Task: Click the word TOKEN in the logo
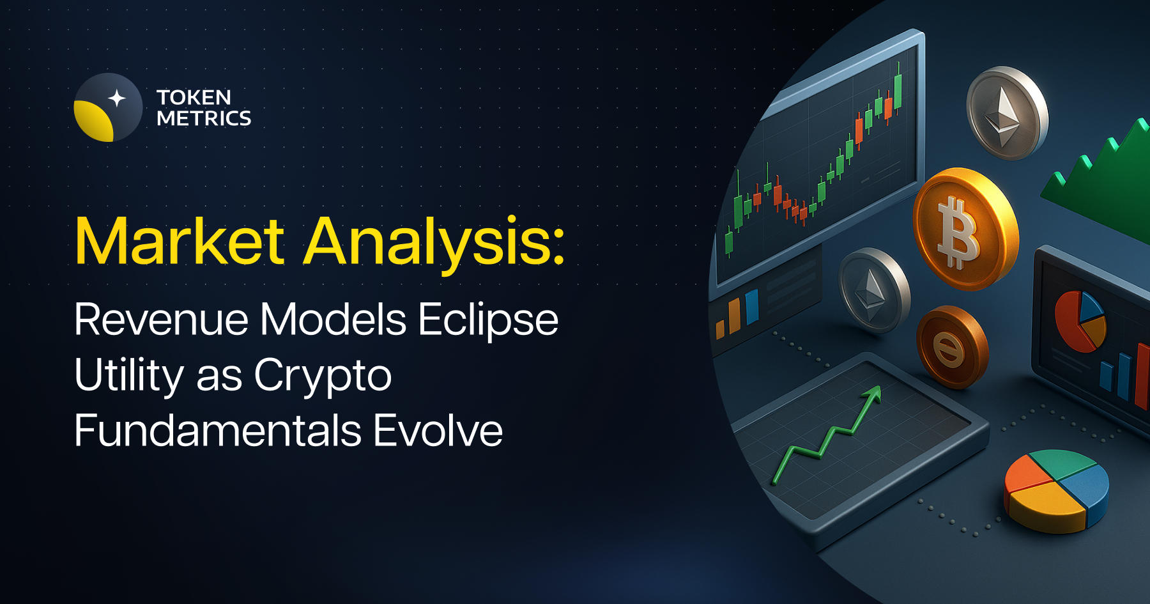(x=194, y=97)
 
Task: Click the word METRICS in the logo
(x=204, y=118)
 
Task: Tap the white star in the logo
(x=117, y=98)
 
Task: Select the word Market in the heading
(x=180, y=241)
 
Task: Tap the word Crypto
(x=323, y=376)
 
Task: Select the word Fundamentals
(x=218, y=430)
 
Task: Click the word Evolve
(x=438, y=430)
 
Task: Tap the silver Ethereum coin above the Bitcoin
(x=1006, y=112)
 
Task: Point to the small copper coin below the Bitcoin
(x=951, y=347)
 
